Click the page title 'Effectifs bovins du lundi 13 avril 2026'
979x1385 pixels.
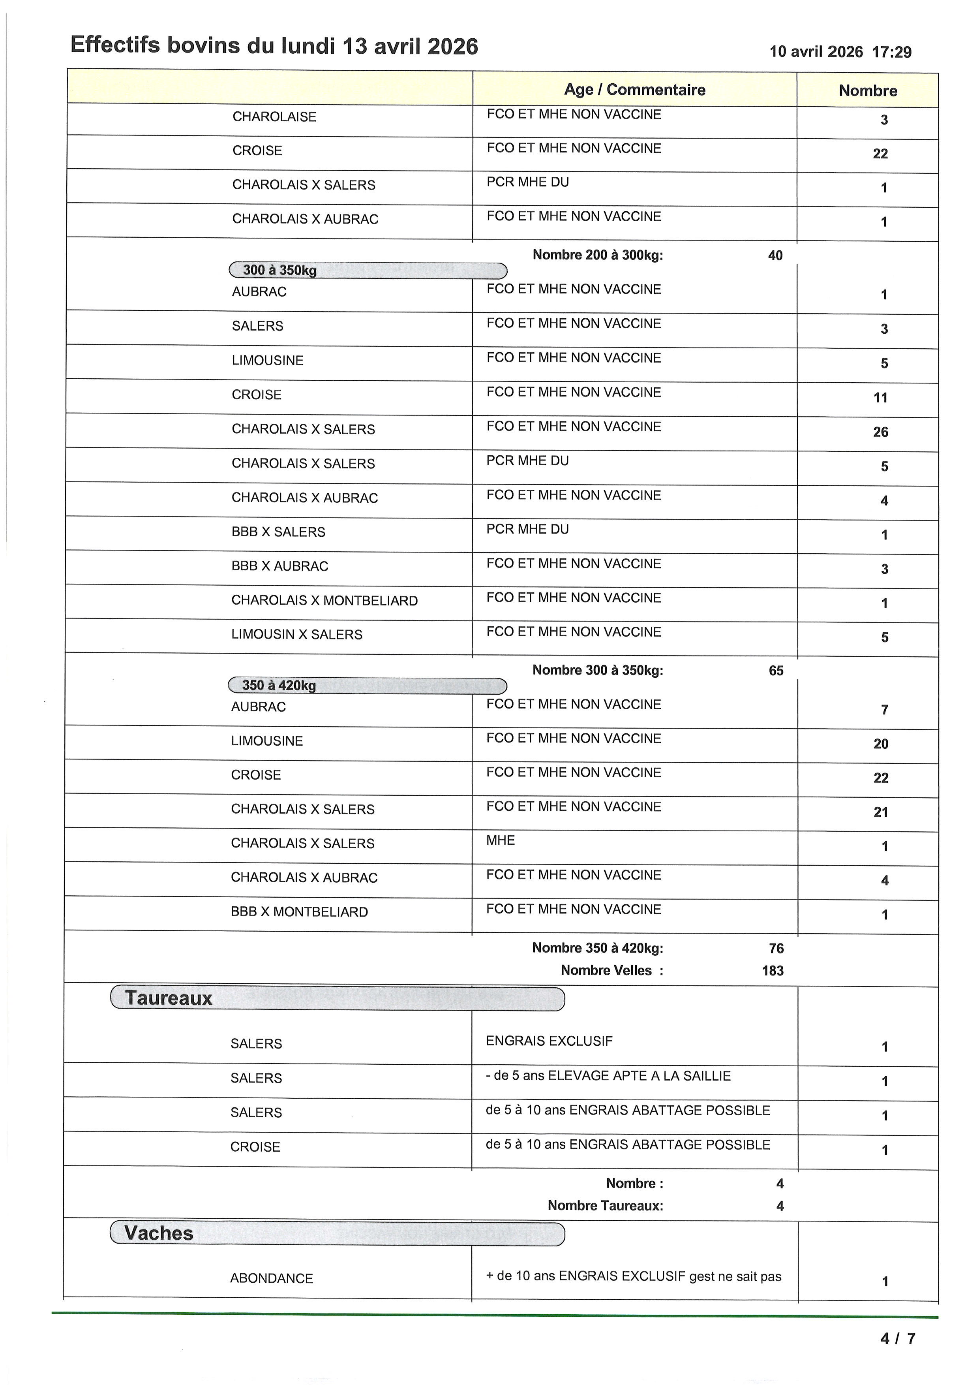click(x=274, y=46)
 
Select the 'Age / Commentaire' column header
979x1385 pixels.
click(x=634, y=90)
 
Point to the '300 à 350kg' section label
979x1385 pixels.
click(x=280, y=270)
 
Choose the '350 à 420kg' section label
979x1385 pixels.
click(x=279, y=685)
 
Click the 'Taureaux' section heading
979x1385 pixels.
click(x=169, y=998)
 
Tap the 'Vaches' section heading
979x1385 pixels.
click(x=159, y=1233)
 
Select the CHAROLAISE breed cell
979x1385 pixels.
click(x=274, y=117)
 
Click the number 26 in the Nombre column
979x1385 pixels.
click(x=880, y=432)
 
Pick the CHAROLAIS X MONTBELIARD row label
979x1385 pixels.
click(x=324, y=601)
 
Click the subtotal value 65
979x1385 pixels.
click(x=776, y=671)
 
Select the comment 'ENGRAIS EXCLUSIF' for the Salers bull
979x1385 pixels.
click(x=549, y=1041)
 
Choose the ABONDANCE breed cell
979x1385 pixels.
click(x=271, y=1278)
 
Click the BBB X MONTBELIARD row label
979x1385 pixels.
click(x=299, y=912)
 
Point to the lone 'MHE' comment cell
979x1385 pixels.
click(x=500, y=840)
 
